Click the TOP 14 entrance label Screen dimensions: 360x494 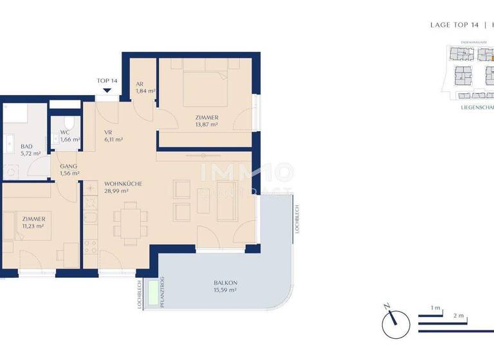pos(107,80)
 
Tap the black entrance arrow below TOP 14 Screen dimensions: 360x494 pos(107,91)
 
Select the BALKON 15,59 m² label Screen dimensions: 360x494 pos(225,287)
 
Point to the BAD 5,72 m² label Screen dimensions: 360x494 pos(30,150)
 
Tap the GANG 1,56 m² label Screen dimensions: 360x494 pos(69,169)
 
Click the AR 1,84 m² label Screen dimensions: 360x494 pos(145,87)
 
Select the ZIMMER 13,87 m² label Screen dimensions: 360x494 pos(207,121)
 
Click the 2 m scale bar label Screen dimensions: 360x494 pos(458,316)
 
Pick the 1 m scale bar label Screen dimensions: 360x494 pos(435,308)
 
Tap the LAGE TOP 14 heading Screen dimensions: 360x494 pos(455,25)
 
